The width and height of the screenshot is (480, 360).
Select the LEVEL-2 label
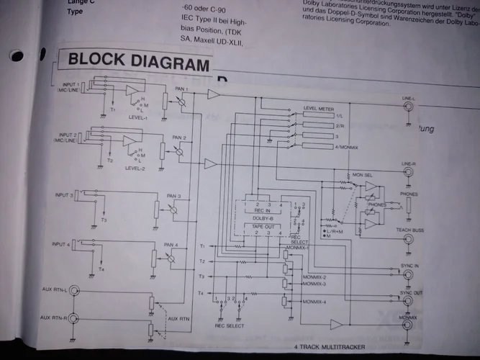135,169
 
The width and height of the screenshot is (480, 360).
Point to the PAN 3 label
173,196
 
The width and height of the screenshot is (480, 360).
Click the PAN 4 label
171,244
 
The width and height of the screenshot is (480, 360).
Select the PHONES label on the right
409,194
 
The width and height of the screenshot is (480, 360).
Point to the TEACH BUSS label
409,230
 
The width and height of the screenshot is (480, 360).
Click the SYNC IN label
409,266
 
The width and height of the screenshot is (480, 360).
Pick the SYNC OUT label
408,293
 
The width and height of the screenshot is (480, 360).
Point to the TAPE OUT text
261,225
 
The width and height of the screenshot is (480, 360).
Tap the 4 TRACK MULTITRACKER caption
330,348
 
